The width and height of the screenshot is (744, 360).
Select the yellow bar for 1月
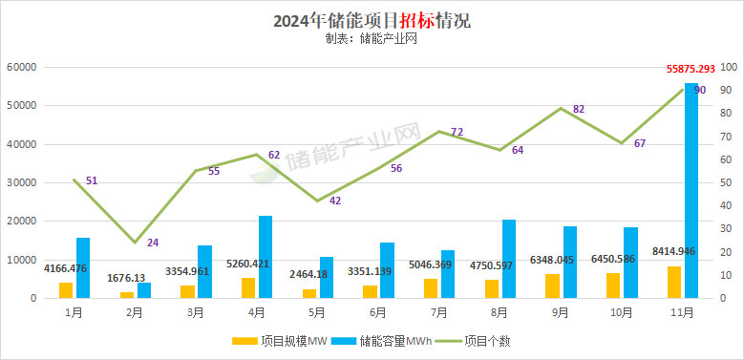coord(66,290)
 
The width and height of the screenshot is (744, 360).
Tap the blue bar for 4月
coord(266,257)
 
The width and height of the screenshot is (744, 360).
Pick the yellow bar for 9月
coord(552,286)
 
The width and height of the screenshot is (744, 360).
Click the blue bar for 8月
coord(509,259)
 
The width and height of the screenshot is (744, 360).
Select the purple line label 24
coord(153,243)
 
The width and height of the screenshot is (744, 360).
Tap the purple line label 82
coord(579,109)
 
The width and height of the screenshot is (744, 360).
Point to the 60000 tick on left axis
coord(21,68)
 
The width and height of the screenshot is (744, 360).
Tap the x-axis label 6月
coord(377,312)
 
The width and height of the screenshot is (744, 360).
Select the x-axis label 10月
coord(622,312)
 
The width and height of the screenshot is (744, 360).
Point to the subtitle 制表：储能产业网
coord(372,39)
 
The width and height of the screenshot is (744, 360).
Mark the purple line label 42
coord(335,201)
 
